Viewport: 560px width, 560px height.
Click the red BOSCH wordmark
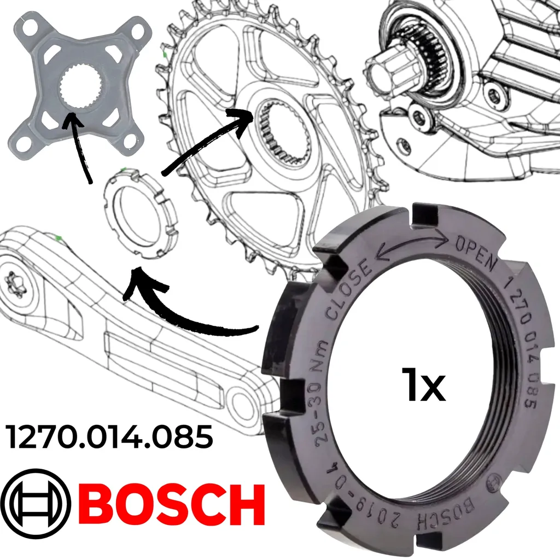coord(174,505)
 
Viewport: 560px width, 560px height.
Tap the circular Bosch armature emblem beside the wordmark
coord(36,504)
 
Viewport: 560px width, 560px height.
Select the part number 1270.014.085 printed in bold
coord(109,437)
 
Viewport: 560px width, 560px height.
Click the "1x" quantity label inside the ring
coord(424,384)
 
